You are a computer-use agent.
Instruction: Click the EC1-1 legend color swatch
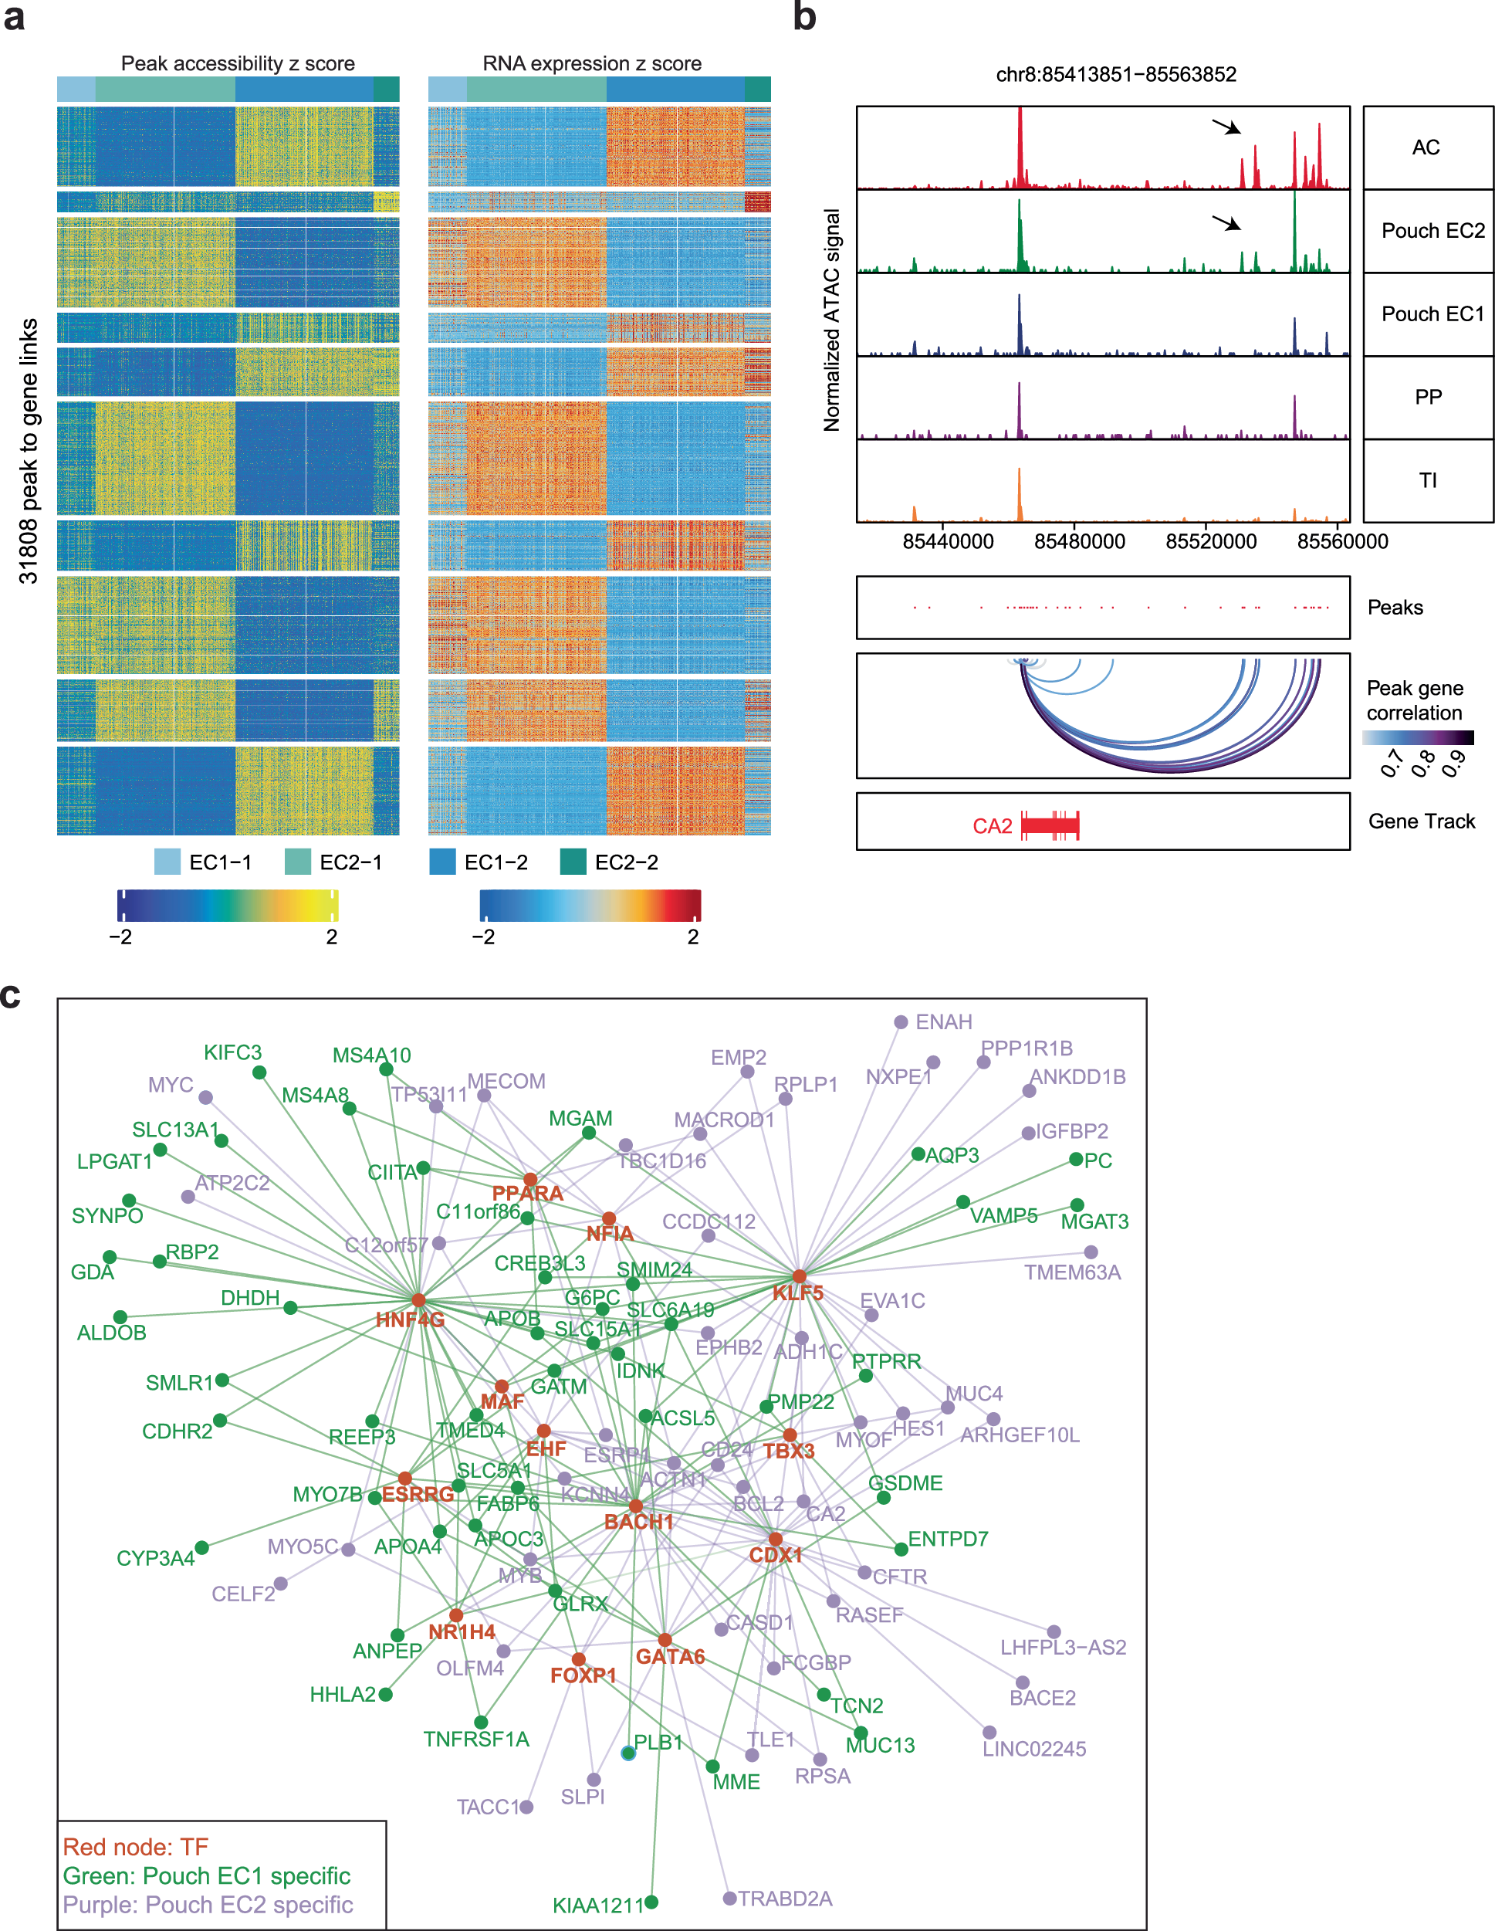pos(167,861)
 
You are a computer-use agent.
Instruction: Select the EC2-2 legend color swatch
pos(573,861)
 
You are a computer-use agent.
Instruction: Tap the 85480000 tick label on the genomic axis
pos(1080,541)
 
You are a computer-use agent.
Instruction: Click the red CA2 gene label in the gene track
pos(992,826)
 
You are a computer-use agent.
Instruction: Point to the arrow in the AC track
pos(1226,127)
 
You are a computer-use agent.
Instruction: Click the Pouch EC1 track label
pos(1432,314)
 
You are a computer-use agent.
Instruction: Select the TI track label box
pos(1428,480)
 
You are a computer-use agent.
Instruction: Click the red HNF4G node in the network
pos(418,1299)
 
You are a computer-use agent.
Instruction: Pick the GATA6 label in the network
pos(670,1657)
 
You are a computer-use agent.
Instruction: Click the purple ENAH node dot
pos(901,1022)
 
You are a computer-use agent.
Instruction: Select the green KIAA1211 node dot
pos(651,1902)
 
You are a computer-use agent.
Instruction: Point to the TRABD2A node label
pos(785,1899)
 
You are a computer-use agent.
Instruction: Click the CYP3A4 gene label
pos(156,1558)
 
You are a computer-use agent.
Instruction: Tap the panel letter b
pos(804,18)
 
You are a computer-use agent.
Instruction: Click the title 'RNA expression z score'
pos(591,63)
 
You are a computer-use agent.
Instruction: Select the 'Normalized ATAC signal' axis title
pos(832,320)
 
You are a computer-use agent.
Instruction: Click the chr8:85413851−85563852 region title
pos(1116,74)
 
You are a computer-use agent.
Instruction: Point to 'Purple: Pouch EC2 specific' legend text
pos(208,1905)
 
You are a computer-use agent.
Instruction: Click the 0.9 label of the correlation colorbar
pos(1454,762)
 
